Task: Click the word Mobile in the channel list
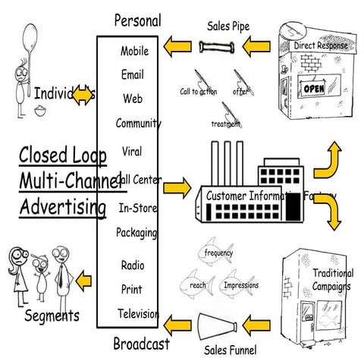coord(134,52)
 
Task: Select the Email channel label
coord(132,75)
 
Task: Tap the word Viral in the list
coord(131,150)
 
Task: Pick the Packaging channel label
coord(136,232)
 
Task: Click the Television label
coord(138,313)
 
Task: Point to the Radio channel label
coord(132,265)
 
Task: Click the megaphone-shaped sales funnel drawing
coord(220,325)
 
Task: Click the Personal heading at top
coord(136,20)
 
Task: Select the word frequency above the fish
coord(218,253)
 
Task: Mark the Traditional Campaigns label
coord(331,280)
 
